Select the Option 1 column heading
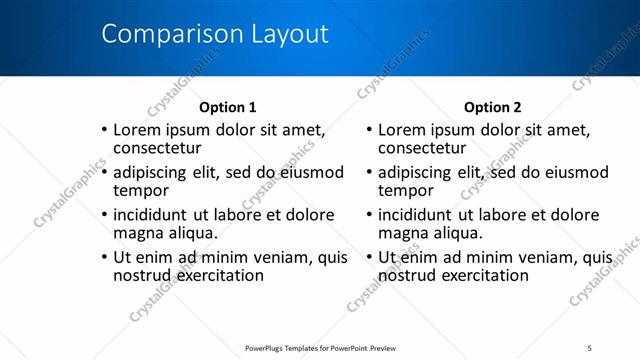[x=228, y=107]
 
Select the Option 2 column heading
[x=493, y=107]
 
